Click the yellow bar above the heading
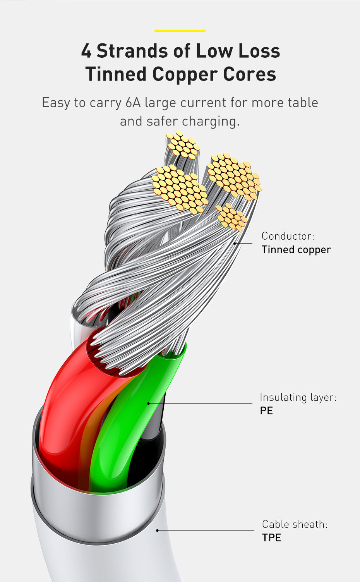click(x=180, y=31)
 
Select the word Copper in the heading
click(x=185, y=74)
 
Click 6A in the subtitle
click(x=133, y=103)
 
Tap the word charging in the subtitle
click(x=211, y=121)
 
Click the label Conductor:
click(x=288, y=236)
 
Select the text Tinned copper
click(x=296, y=249)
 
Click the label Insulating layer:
click(x=298, y=397)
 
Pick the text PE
click(x=266, y=410)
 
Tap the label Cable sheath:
click(x=295, y=524)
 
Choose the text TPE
click(x=271, y=538)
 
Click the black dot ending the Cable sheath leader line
click(x=157, y=530)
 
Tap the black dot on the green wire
click(x=149, y=403)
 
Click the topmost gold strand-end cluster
click(x=183, y=145)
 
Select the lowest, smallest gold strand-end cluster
click(x=232, y=217)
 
